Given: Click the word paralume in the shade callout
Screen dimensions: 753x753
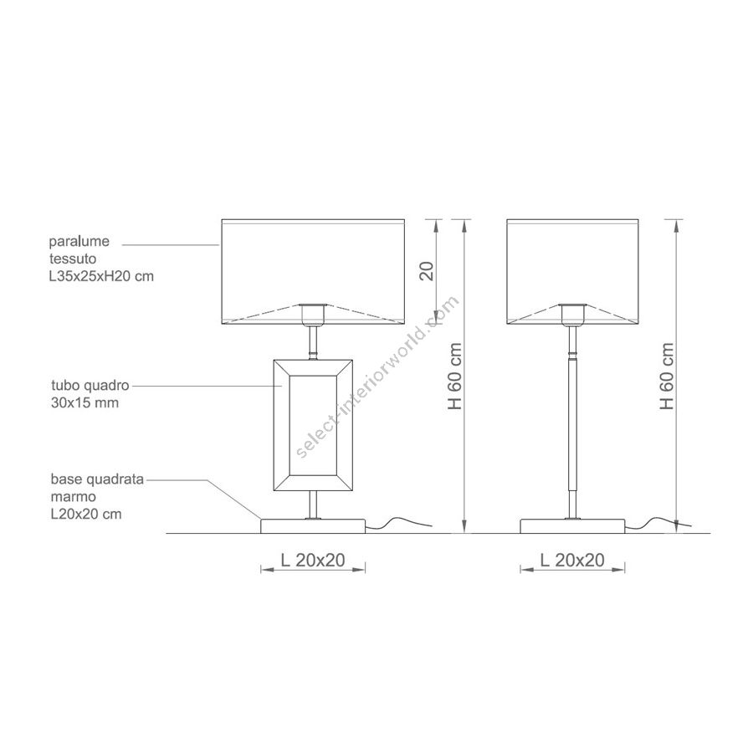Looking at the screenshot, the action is [x=79, y=242].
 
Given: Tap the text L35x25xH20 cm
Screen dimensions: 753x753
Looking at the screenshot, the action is [x=101, y=276].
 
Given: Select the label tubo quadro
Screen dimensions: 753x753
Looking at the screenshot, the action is [x=90, y=385].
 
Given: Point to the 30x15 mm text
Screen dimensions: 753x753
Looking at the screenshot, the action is [x=85, y=402].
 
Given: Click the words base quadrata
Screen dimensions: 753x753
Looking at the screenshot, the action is [x=98, y=479].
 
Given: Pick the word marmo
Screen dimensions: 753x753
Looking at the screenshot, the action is [x=74, y=497].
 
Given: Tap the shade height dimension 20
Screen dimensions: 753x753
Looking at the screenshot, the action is [x=427, y=271].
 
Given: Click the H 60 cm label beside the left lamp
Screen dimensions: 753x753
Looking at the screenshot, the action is [x=454, y=376].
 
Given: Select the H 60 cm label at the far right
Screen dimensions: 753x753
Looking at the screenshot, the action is [x=667, y=376].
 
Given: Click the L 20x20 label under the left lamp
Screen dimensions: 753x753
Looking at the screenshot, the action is [x=313, y=560].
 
